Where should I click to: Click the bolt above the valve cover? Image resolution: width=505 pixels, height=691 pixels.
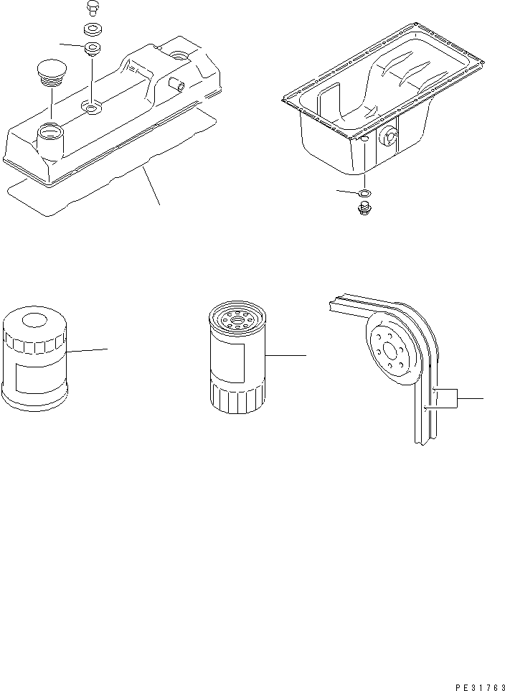[x=91, y=7]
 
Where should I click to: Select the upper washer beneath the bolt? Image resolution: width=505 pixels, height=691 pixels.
[x=92, y=30]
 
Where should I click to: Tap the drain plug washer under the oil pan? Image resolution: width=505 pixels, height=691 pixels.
[x=365, y=193]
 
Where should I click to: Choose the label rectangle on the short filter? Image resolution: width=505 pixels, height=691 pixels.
[x=34, y=377]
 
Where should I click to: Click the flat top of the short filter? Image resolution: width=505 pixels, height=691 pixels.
[x=36, y=319]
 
